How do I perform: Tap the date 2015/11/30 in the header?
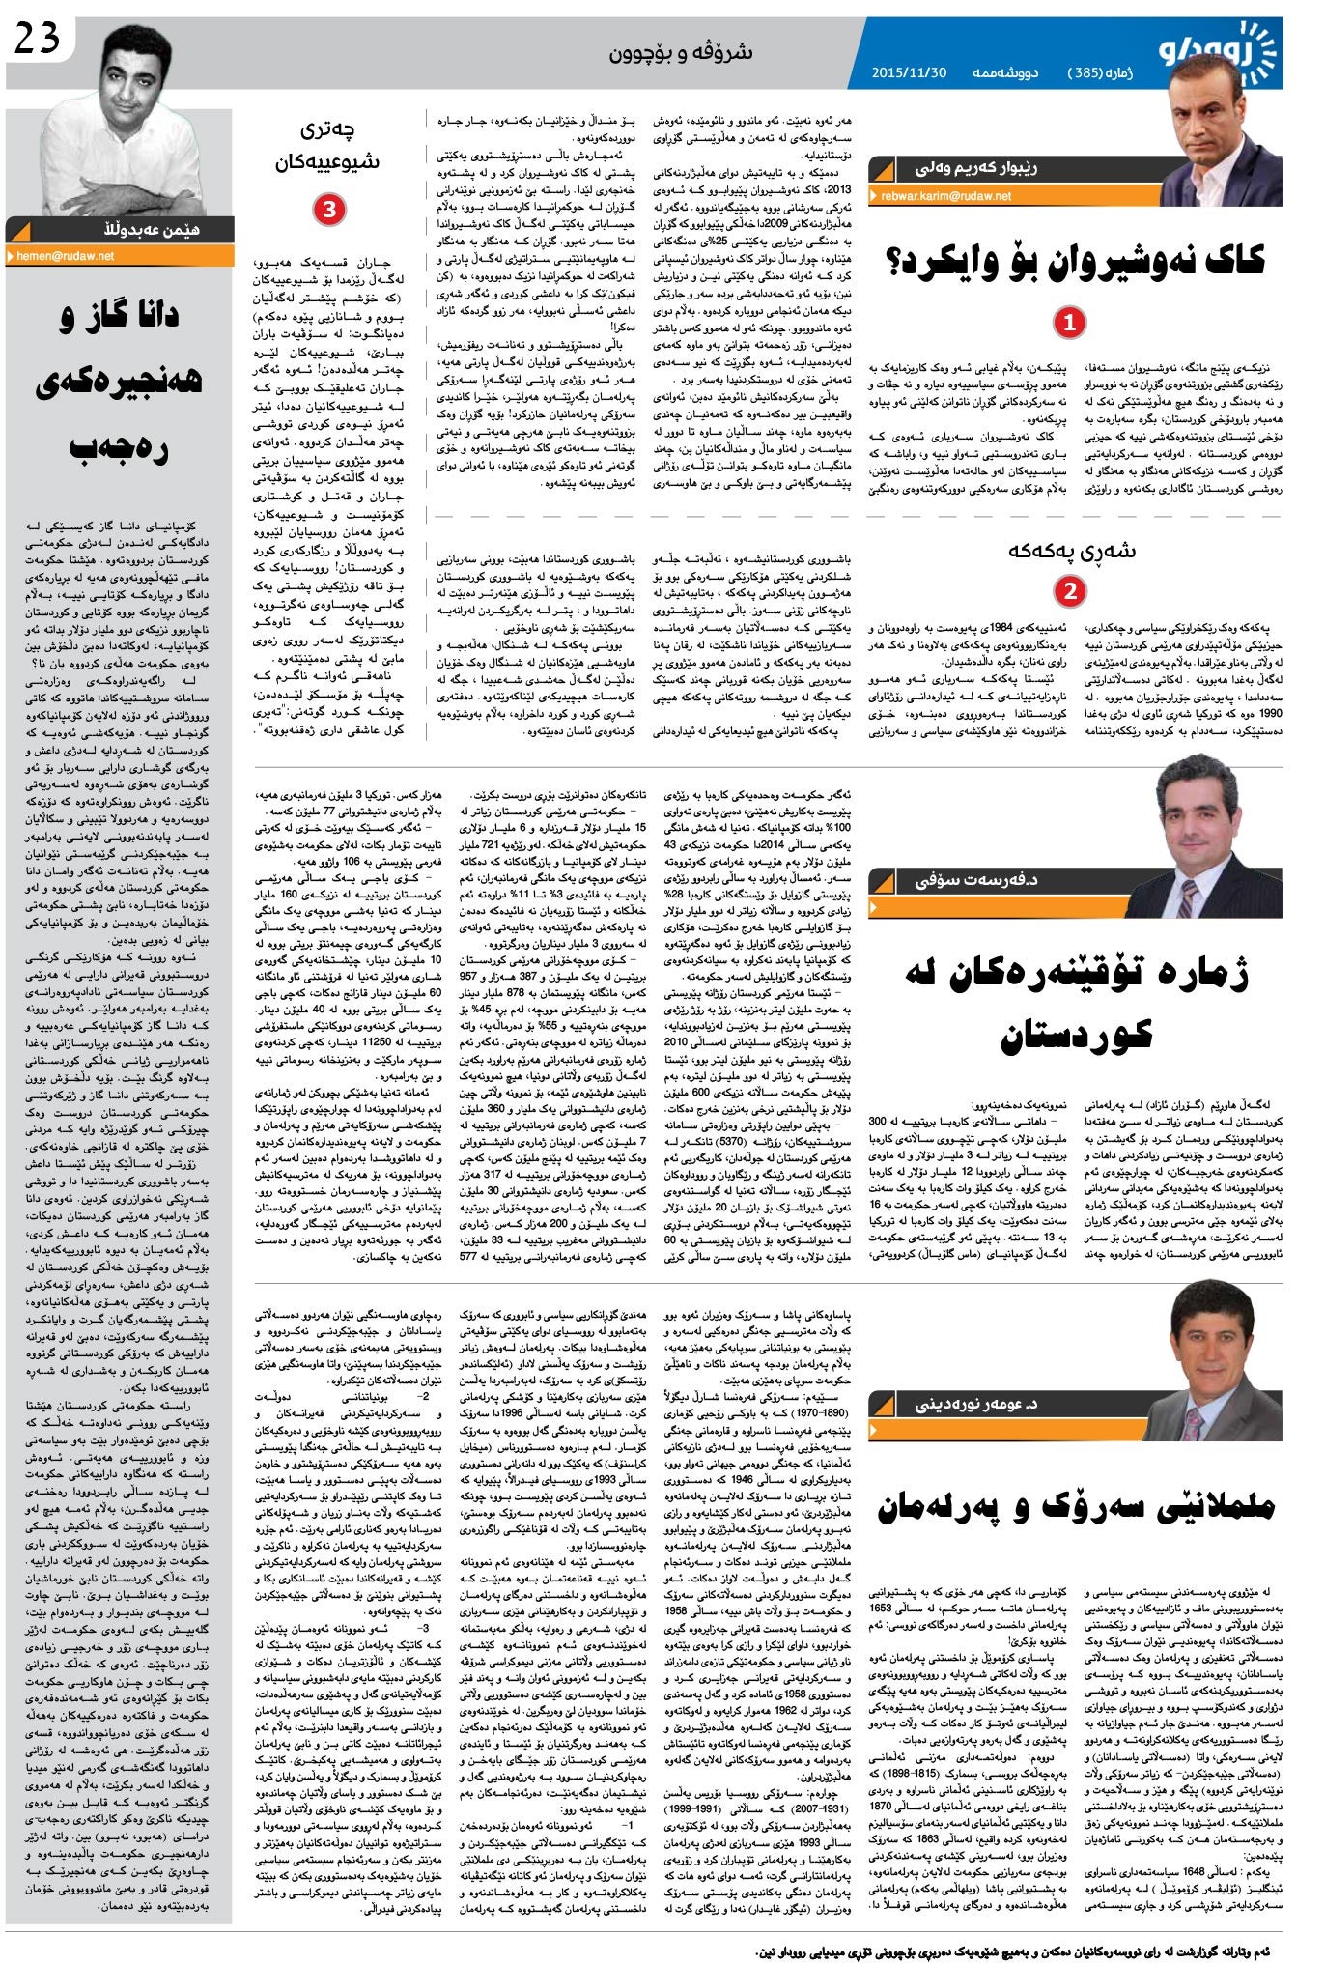click(x=909, y=73)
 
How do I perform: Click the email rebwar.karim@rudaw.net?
click(x=945, y=196)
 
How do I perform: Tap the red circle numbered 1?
click(x=1068, y=323)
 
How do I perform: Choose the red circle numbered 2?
click(x=1069, y=589)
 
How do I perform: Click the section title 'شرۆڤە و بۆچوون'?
click(x=680, y=52)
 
